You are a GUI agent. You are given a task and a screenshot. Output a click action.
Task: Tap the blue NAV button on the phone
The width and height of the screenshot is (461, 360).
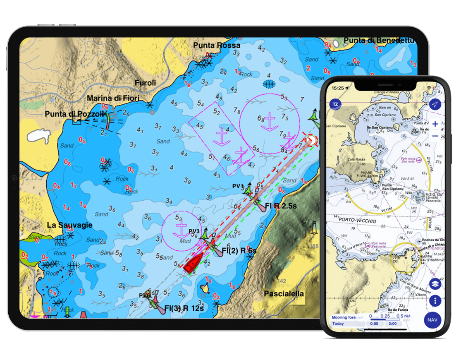coord(432,320)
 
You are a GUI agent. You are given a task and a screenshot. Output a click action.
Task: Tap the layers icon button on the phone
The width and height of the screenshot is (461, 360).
coord(435,284)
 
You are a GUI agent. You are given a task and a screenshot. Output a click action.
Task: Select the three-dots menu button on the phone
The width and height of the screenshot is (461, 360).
coord(435,300)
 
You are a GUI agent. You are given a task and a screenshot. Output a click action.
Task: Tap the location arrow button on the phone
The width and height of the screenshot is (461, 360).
coord(435,105)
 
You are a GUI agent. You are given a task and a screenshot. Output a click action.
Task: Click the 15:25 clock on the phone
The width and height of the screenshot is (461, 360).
coord(338,88)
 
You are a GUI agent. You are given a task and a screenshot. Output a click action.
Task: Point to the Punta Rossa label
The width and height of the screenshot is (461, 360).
coord(217,45)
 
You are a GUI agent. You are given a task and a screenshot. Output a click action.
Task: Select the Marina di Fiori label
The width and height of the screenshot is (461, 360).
coord(113,98)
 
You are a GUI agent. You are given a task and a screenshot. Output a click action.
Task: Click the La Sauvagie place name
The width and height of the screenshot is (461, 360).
coord(69,225)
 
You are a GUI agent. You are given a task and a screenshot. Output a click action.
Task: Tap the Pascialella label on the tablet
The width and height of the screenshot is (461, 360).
coord(284,294)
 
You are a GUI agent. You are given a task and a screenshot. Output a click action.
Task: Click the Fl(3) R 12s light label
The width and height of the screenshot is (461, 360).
coord(184,308)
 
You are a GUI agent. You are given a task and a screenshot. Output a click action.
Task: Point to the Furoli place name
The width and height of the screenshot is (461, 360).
coord(146,83)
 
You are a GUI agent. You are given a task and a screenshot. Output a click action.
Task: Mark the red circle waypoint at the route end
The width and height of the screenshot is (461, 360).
coord(311,141)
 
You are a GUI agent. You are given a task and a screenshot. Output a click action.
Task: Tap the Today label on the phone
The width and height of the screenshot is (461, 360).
coord(338,324)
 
